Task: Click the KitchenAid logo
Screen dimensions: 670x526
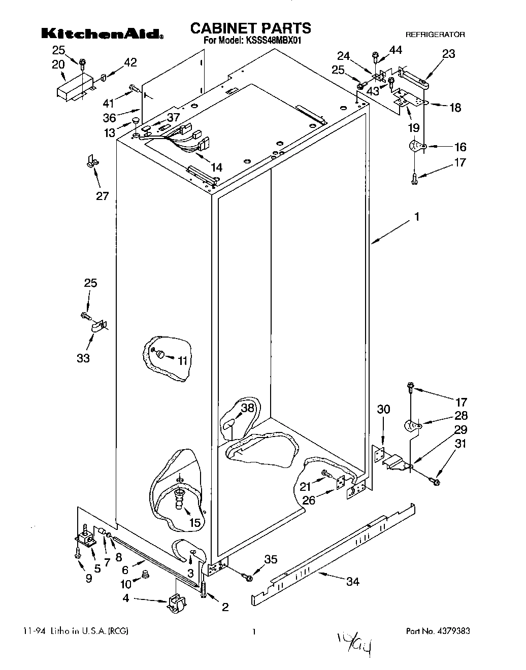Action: click(102, 33)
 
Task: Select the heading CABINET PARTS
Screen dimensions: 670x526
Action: click(250, 27)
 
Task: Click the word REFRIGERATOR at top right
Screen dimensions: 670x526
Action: click(435, 35)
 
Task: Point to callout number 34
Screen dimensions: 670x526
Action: click(352, 581)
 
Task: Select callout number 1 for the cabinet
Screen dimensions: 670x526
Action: click(416, 217)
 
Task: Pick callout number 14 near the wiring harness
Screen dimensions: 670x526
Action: click(217, 167)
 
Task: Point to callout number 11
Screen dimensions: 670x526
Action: click(182, 360)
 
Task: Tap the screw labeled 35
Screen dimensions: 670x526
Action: click(247, 577)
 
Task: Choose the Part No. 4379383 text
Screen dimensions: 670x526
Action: click(438, 631)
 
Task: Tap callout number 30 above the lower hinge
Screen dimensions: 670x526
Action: click(383, 409)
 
